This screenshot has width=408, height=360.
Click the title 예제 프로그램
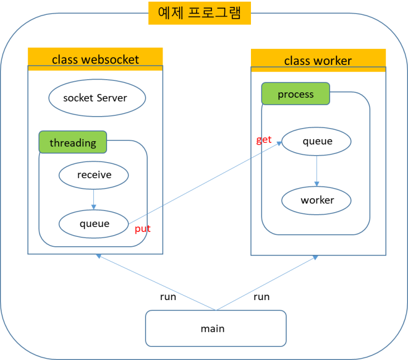[199, 13]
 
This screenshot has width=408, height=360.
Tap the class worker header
[318, 60]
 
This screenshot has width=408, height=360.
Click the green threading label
[72, 143]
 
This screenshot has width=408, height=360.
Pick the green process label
[295, 94]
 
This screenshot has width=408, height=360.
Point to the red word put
[143, 229]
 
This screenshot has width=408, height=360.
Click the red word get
[264, 140]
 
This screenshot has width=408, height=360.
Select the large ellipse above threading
[97, 98]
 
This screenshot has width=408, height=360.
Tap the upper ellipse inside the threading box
[93, 176]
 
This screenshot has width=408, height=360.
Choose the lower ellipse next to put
[93, 224]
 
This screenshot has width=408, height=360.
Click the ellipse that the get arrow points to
[316, 142]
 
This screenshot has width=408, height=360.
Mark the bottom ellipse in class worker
[316, 201]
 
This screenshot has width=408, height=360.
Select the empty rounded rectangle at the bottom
[216, 328]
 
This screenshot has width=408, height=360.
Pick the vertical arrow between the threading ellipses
[93, 199]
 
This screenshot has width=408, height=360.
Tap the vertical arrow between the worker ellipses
[316, 171]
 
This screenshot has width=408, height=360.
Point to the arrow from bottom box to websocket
[156, 282]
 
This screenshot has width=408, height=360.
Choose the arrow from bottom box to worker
[267, 283]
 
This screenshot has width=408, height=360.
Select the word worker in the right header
[334, 60]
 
